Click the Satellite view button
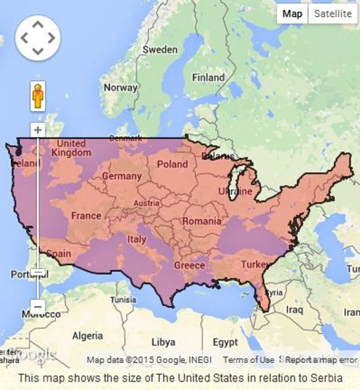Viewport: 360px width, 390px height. point(332,14)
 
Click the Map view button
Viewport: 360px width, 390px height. point(292,14)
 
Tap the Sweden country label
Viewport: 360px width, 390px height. point(160,50)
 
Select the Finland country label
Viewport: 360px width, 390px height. point(208,78)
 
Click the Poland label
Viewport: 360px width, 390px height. point(172,164)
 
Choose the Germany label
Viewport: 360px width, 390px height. point(122,176)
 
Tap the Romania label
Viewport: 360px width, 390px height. point(202,221)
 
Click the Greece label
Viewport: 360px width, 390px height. point(190,265)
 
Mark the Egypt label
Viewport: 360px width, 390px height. point(225,342)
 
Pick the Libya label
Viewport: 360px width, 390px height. point(163,342)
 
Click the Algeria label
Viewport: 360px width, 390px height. point(87,336)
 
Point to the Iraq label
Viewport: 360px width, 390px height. point(295,310)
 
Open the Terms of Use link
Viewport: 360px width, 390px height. point(249,360)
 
